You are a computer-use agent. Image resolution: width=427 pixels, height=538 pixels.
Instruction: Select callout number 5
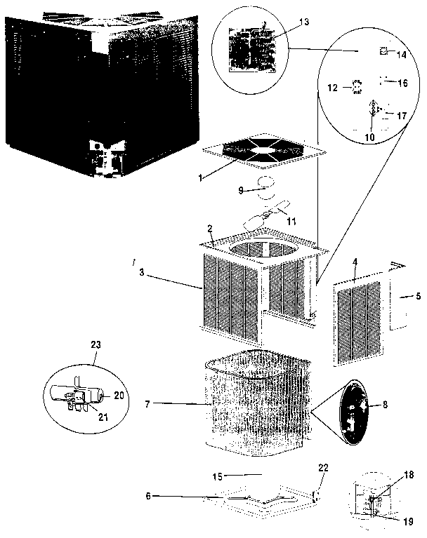pos(418,297)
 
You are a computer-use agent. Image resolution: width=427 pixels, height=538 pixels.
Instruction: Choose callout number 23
pos(96,344)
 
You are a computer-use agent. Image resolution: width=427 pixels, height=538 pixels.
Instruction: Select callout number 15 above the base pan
pos(218,476)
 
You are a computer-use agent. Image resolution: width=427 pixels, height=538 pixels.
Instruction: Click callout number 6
pos(148,495)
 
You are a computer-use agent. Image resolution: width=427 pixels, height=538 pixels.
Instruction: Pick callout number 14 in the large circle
pos(402,53)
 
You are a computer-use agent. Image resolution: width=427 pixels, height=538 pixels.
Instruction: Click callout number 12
pos(334,88)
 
